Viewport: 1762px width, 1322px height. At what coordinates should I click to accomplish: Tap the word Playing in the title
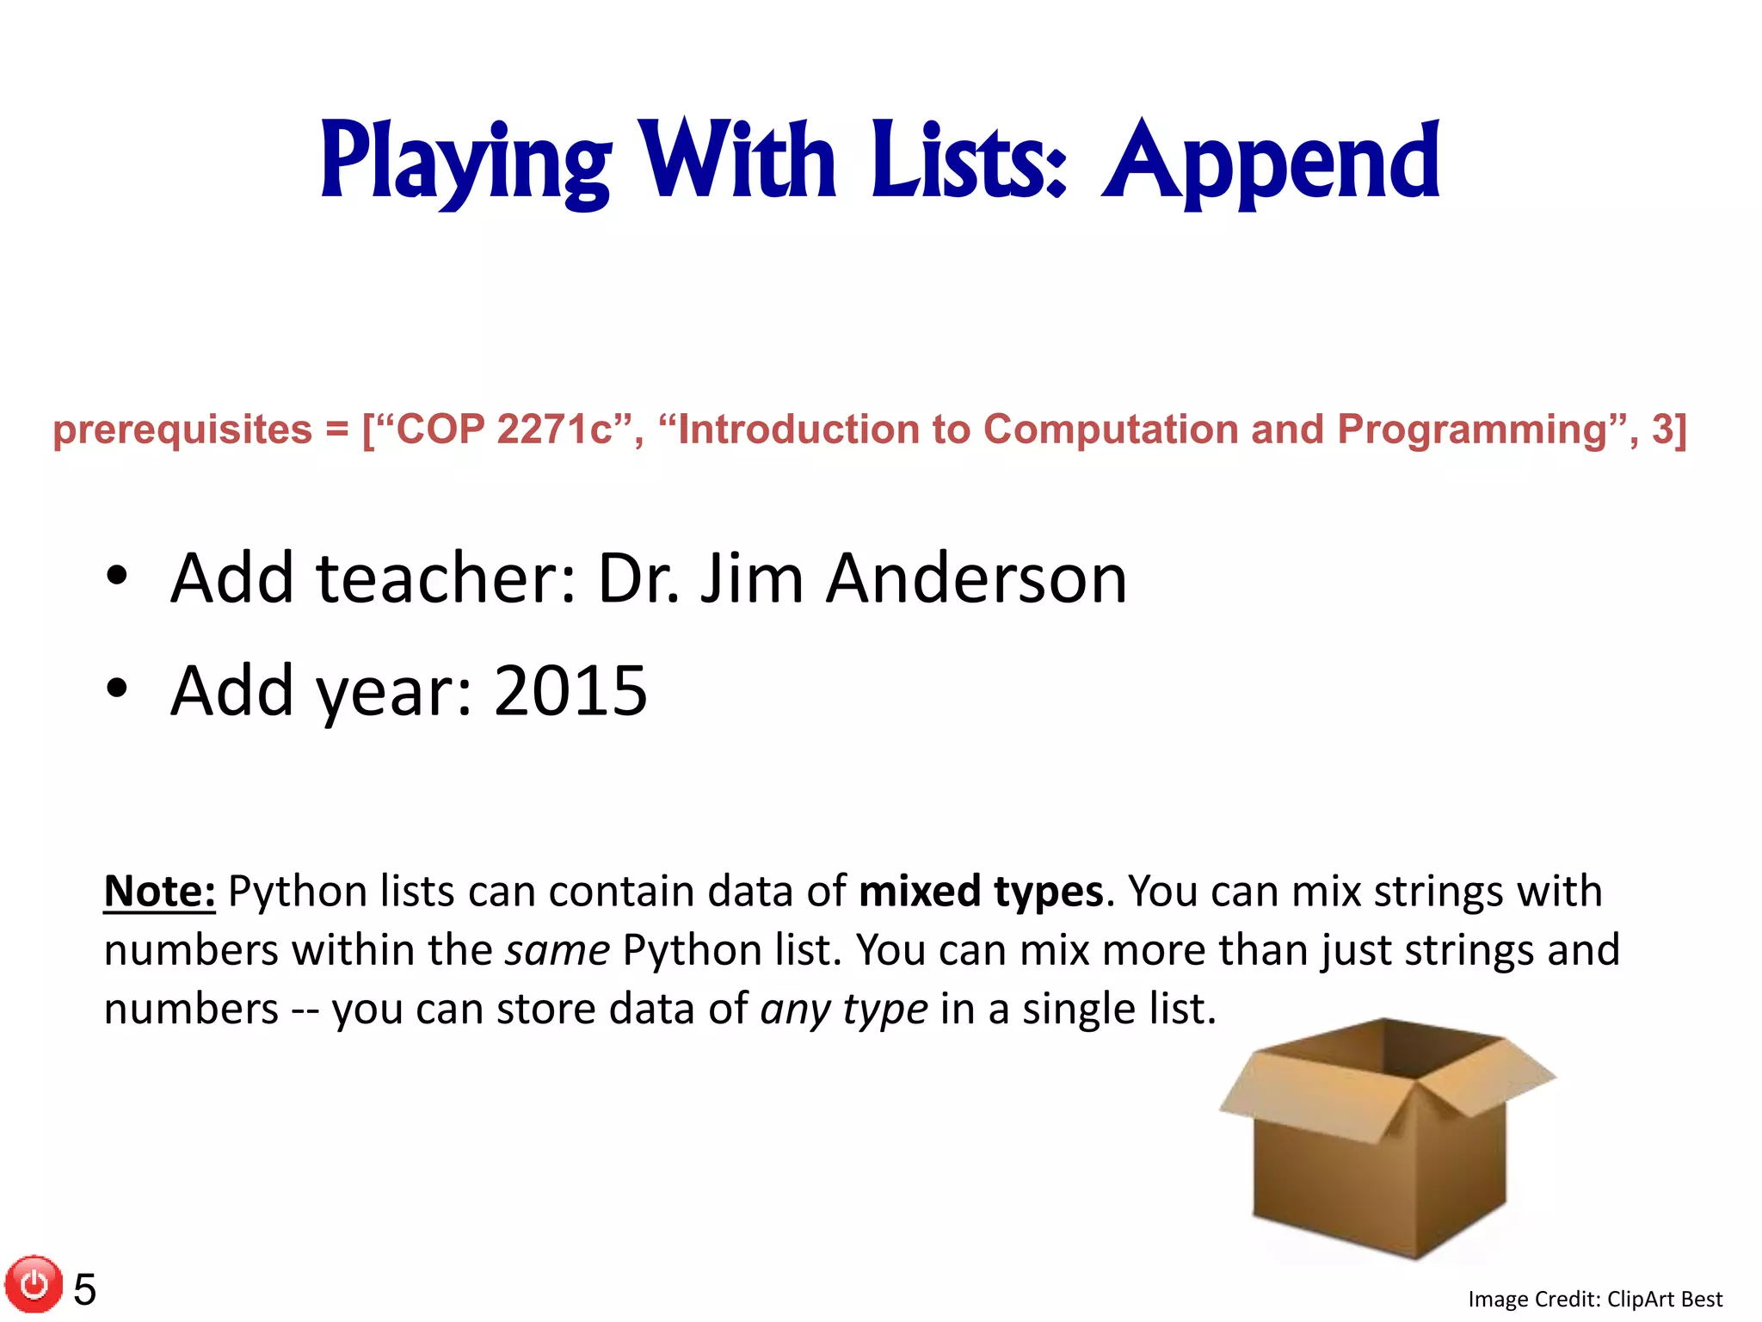point(465,162)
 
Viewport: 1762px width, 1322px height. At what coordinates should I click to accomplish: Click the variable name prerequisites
point(182,429)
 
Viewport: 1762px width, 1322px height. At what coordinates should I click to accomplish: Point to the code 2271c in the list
point(555,429)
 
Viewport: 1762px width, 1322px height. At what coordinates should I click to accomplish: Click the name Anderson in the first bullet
point(976,578)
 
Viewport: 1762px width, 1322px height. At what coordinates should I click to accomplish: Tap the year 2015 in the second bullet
point(570,690)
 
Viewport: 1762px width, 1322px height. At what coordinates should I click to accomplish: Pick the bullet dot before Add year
point(117,689)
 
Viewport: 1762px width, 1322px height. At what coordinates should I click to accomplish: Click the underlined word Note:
point(159,892)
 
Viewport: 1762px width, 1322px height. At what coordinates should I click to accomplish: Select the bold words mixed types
point(981,892)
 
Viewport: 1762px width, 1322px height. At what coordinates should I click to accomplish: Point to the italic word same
point(558,951)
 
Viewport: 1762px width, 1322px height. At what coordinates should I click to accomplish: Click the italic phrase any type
point(844,1010)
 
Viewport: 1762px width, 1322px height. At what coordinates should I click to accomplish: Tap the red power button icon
point(34,1285)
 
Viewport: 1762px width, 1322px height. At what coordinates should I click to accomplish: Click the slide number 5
point(84,1289)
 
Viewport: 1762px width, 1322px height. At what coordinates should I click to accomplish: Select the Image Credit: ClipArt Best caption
point(1594,1299)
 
